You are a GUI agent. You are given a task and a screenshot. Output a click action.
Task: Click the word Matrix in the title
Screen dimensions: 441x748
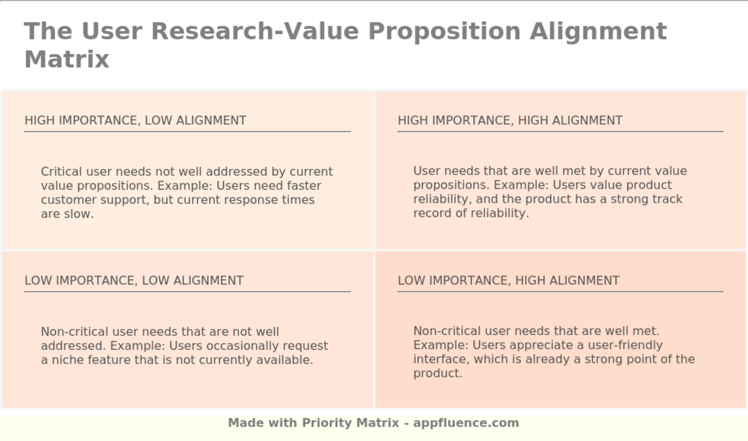point(67,59)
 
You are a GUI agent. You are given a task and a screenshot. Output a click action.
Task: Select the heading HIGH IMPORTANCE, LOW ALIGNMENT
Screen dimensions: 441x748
point(135,121)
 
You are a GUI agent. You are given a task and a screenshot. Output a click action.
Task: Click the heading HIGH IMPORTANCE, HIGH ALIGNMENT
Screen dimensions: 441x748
point(510,121)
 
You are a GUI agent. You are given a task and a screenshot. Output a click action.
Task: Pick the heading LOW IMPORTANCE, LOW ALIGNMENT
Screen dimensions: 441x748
point(134,281)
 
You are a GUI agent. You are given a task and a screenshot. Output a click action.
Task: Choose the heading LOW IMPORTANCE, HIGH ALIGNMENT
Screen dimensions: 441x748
point(508,281)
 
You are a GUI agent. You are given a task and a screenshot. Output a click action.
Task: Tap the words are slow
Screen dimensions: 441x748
point(67,214)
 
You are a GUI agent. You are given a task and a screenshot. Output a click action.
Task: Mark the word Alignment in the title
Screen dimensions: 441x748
point(598,31)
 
